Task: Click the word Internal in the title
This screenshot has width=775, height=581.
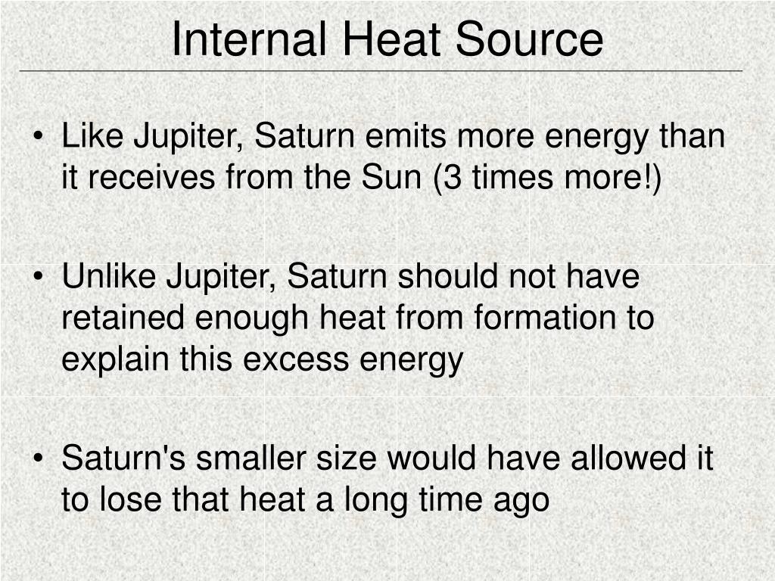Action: [x=249, y=39]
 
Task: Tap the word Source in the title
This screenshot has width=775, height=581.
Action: [x=529, y=39]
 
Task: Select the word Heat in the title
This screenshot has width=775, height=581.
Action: [x=391, y=39]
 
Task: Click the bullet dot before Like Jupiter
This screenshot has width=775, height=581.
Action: [x=39, y=137]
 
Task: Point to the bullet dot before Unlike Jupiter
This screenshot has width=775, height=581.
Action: [x=39, y=277]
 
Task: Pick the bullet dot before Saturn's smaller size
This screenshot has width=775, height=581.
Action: [x=39, y=458]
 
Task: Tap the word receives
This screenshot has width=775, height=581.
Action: [x=151, y=177]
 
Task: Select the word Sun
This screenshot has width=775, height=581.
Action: [x=391, y=177]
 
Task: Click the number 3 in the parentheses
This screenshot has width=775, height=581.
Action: [x=453, y=177]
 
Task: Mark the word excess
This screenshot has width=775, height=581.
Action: [x=296, y=359]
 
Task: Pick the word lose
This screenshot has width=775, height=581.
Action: [x=130, y=499]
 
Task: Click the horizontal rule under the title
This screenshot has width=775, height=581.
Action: [x=381, y=71]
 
